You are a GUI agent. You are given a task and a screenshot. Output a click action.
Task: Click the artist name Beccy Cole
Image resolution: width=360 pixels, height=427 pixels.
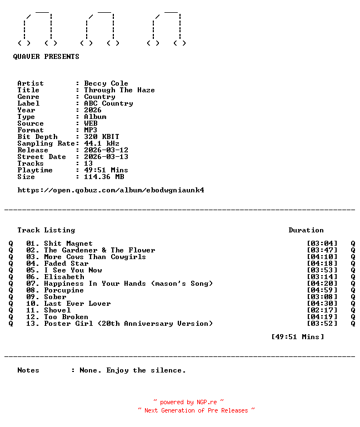coord(106,83)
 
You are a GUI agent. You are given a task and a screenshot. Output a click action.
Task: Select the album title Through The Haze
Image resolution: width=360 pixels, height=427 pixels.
coord(119,90)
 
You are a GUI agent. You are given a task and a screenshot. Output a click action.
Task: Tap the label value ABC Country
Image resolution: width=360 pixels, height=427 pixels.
coord(108,103)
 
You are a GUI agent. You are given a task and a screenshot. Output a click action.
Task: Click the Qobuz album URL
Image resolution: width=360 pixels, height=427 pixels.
coord(111,190)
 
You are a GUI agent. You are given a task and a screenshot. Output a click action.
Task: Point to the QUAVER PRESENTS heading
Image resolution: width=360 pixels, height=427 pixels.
coord(46,57)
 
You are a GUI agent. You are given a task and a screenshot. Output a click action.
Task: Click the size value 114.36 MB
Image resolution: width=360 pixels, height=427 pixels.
coord(104,177)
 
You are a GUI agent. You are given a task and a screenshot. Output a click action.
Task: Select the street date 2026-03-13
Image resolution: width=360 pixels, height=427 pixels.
coord(106,157)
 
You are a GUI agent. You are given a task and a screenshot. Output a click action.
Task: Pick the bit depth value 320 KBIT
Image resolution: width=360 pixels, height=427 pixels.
coord(102,137)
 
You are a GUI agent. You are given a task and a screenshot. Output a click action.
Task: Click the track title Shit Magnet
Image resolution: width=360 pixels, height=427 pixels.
coord(68,244)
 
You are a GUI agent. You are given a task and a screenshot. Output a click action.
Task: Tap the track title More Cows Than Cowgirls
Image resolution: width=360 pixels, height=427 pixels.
coord(95,257)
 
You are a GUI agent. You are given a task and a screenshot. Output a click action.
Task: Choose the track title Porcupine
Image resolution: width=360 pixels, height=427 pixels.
coord(64,290)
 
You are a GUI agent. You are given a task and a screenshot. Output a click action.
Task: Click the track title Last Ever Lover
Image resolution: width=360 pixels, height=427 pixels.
coord(77,304)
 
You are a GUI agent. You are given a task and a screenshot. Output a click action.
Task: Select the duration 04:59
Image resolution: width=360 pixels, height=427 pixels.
coord(322,290)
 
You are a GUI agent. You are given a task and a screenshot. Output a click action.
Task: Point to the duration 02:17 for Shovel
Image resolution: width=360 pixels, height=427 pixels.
coord(322,310)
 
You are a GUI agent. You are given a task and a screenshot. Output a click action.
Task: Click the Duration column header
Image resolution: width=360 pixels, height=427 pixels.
coord(306,230)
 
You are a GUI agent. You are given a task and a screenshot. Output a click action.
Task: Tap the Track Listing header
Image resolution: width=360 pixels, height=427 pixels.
coord(46,230)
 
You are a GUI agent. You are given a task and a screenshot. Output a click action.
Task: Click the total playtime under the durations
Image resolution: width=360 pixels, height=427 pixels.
coord(297,337)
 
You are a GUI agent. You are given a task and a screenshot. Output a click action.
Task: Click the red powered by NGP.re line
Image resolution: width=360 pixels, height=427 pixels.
coord(189,402)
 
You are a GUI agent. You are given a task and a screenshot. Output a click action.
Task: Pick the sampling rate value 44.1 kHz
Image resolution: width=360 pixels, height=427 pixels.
coord(102,143)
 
